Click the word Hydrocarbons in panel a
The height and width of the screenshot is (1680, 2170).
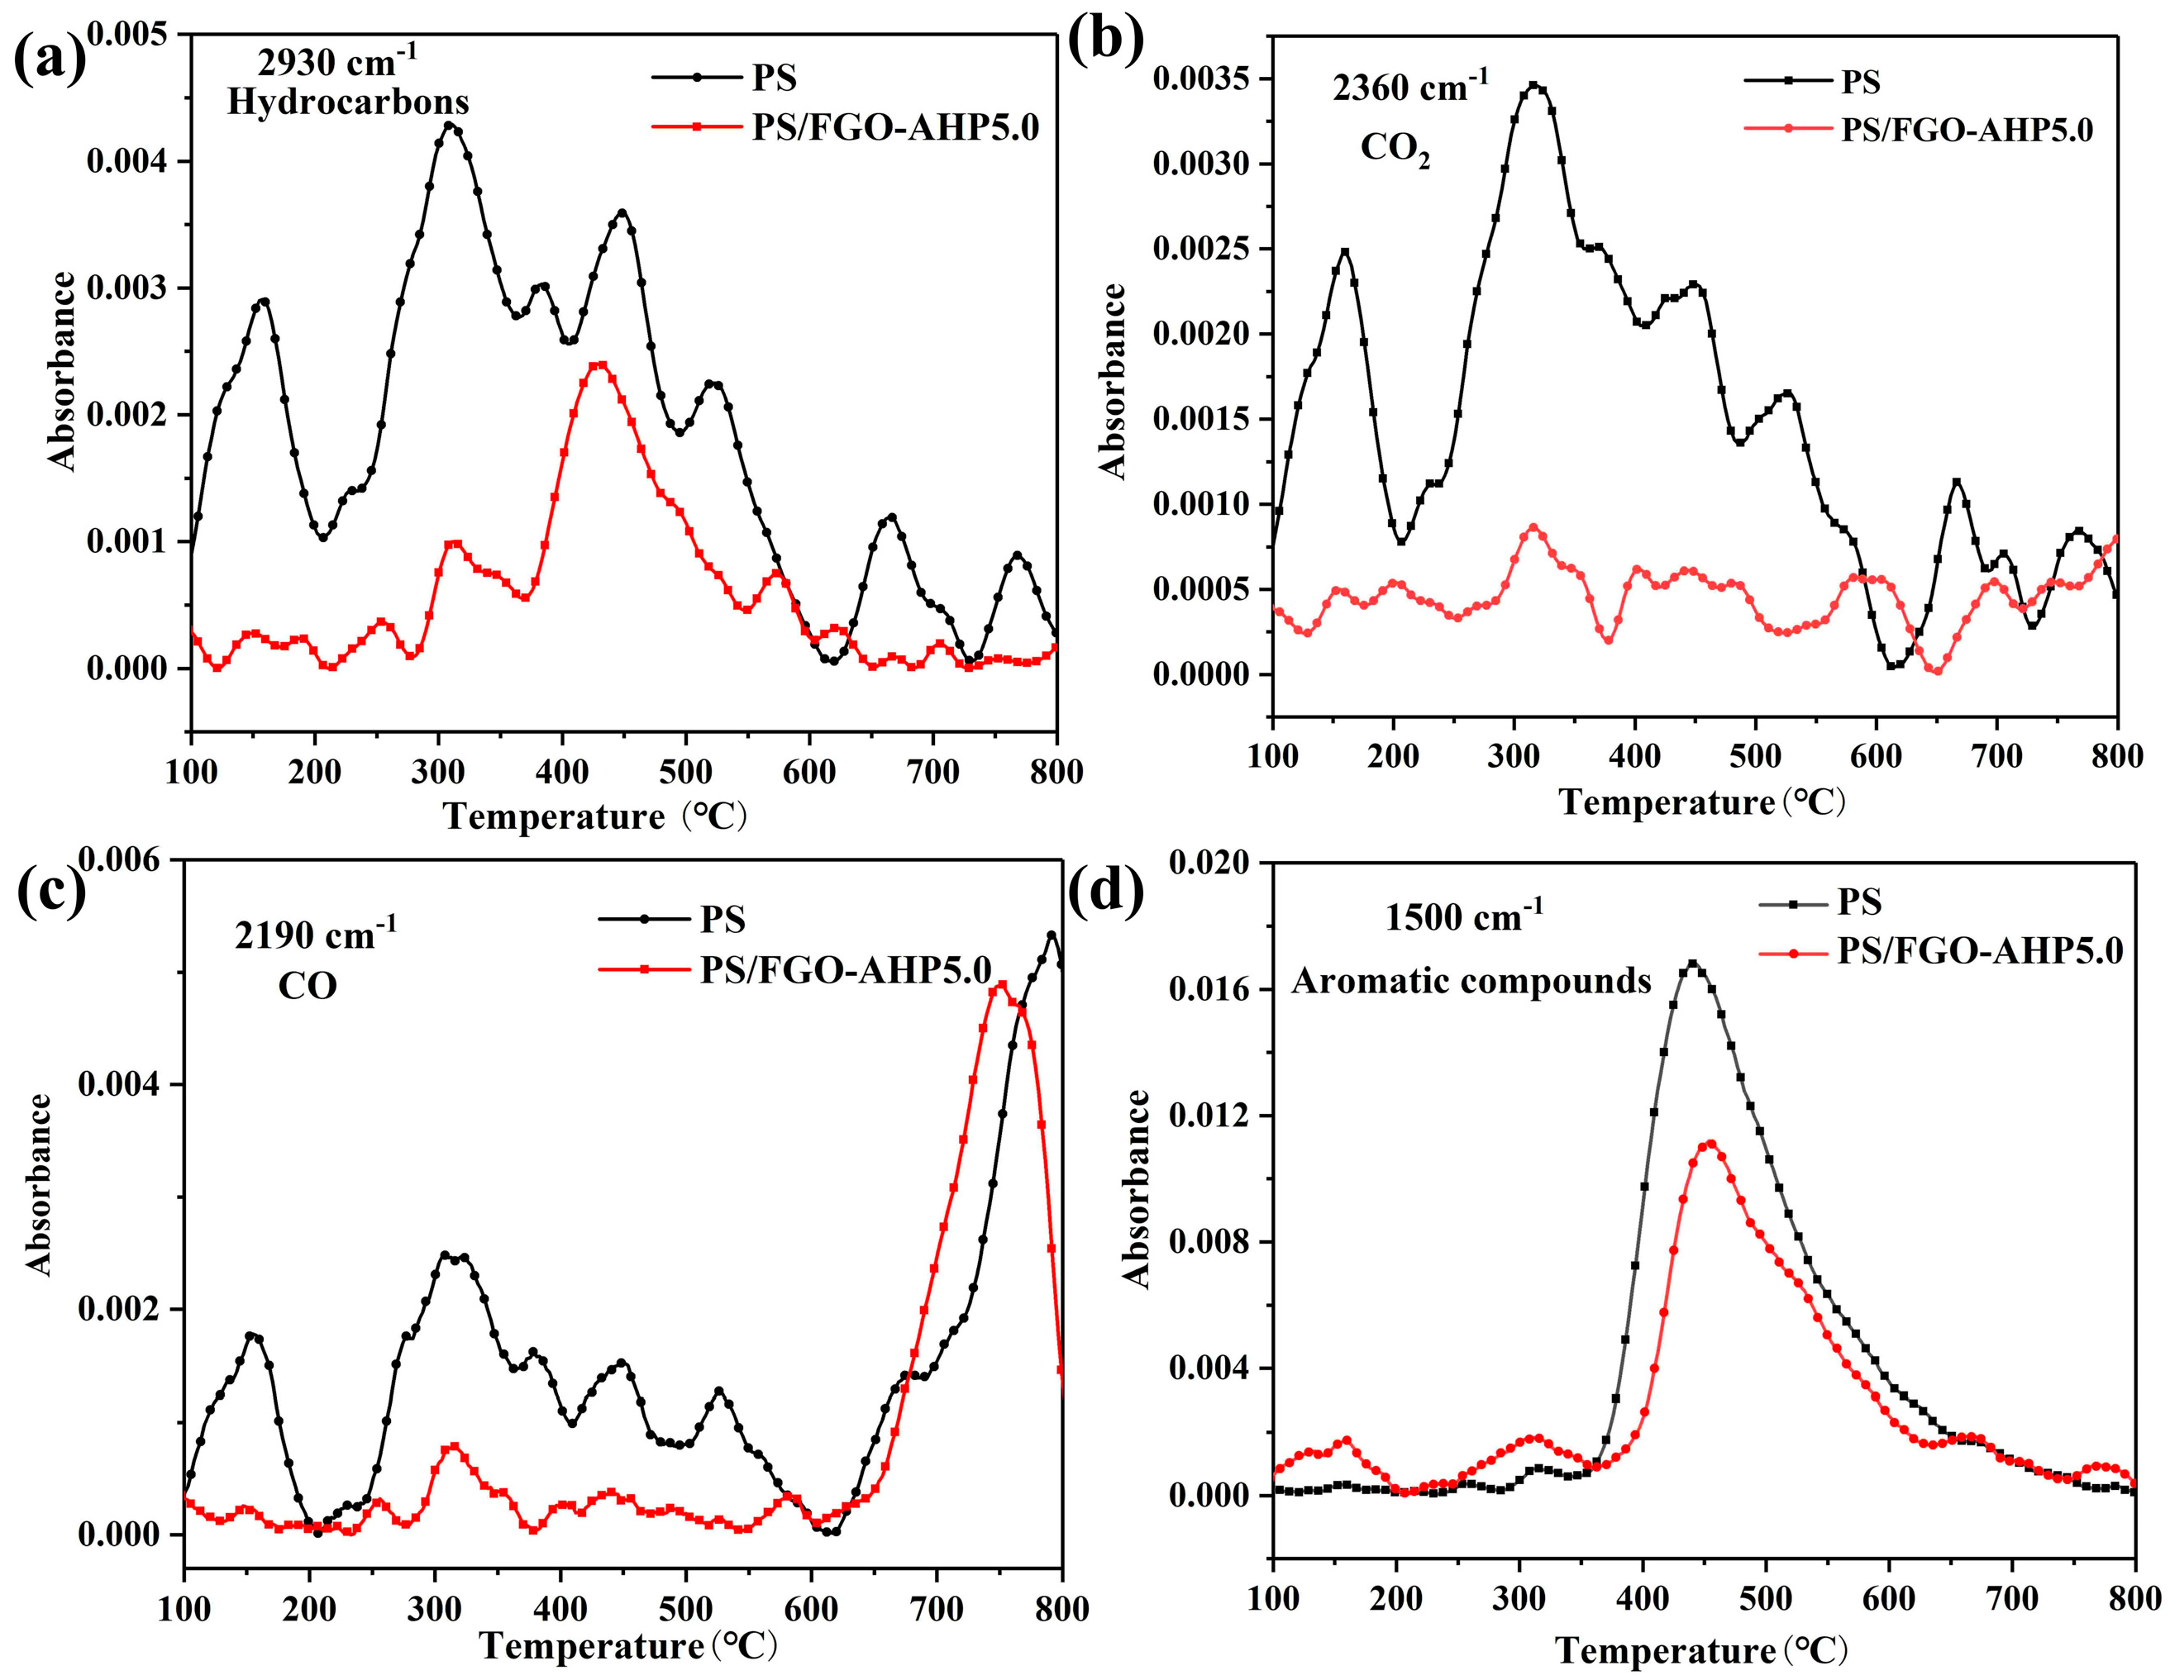[348, 102]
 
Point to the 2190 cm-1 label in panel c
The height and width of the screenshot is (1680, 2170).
[315, 934]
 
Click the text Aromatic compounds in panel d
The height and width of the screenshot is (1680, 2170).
[1471, 982]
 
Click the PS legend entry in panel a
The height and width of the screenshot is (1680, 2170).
[774, 78]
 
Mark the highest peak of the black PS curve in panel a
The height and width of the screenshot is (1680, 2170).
[449, 125]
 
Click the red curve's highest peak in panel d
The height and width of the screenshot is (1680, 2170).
[1711, 1144]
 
